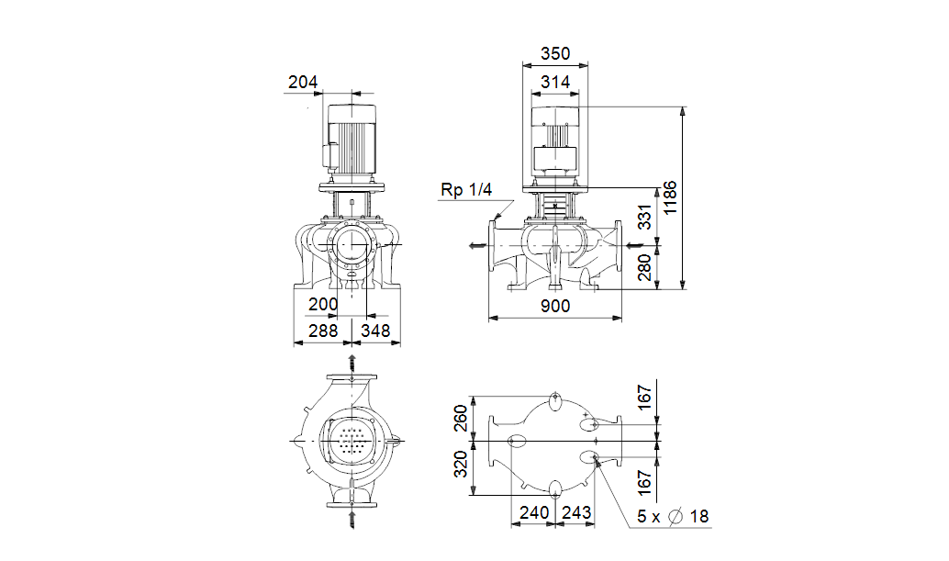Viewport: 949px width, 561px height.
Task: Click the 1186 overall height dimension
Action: point(669,197)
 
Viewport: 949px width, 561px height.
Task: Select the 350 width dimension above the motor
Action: point(555,54)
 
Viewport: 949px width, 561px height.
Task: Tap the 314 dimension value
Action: point(555,82)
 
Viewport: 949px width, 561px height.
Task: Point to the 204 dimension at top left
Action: point(303,82)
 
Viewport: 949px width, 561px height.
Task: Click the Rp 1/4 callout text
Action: point(466,189)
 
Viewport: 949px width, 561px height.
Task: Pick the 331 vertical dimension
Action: point(645,217)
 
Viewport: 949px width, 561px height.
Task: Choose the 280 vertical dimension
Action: point(645,267)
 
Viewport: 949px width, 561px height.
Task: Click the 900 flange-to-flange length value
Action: point(555,307)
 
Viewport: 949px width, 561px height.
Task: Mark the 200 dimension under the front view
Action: point(323,304)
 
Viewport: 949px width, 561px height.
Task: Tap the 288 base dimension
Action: point(323,331)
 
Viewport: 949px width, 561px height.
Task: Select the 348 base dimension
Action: point(375,331)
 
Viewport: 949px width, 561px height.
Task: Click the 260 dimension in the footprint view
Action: point(461,418)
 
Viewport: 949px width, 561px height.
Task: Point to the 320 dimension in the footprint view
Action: point(461,464)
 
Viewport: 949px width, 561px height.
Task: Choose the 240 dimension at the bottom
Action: point(534,512)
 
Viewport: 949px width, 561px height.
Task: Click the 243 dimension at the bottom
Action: point(576,512)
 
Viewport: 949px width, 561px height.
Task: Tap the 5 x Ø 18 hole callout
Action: point(673,516)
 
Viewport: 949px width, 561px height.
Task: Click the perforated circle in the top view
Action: point(352,441)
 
